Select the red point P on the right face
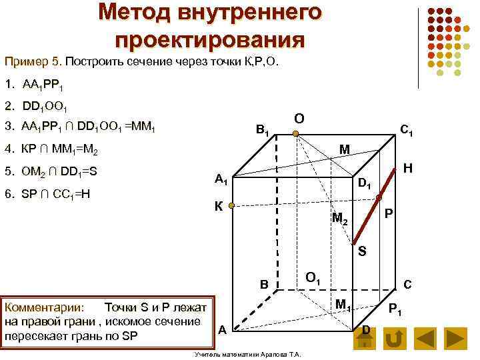click(379, 198)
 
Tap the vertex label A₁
click(221, 180)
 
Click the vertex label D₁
click(365, 183)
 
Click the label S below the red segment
click(362, 251)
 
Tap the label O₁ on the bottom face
click(313, 277)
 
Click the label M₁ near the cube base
click(343, 306)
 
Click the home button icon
click(365, 339)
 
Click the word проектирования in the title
click(210, 38)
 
